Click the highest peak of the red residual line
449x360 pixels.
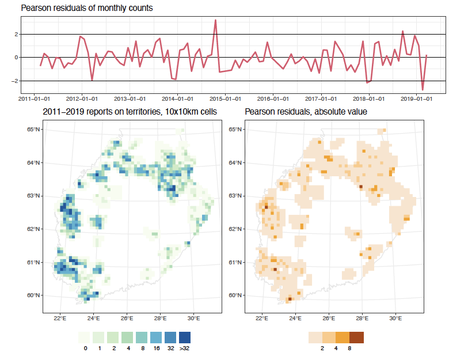(x=215, y=20)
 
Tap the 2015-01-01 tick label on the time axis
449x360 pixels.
(x=225, y=99)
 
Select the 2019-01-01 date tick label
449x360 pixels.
(x=416, y=99)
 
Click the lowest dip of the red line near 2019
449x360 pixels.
(x=423, y=90)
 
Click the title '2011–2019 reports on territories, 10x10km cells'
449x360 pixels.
(x=130, y=112)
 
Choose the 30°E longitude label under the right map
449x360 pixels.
(x=395, y=318)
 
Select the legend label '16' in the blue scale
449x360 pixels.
(x=155, y=348)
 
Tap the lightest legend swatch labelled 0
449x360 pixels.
(x=85, y=338)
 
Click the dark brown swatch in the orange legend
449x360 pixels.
(x=357, y=338)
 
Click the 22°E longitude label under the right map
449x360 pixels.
(x=262, y=318)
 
